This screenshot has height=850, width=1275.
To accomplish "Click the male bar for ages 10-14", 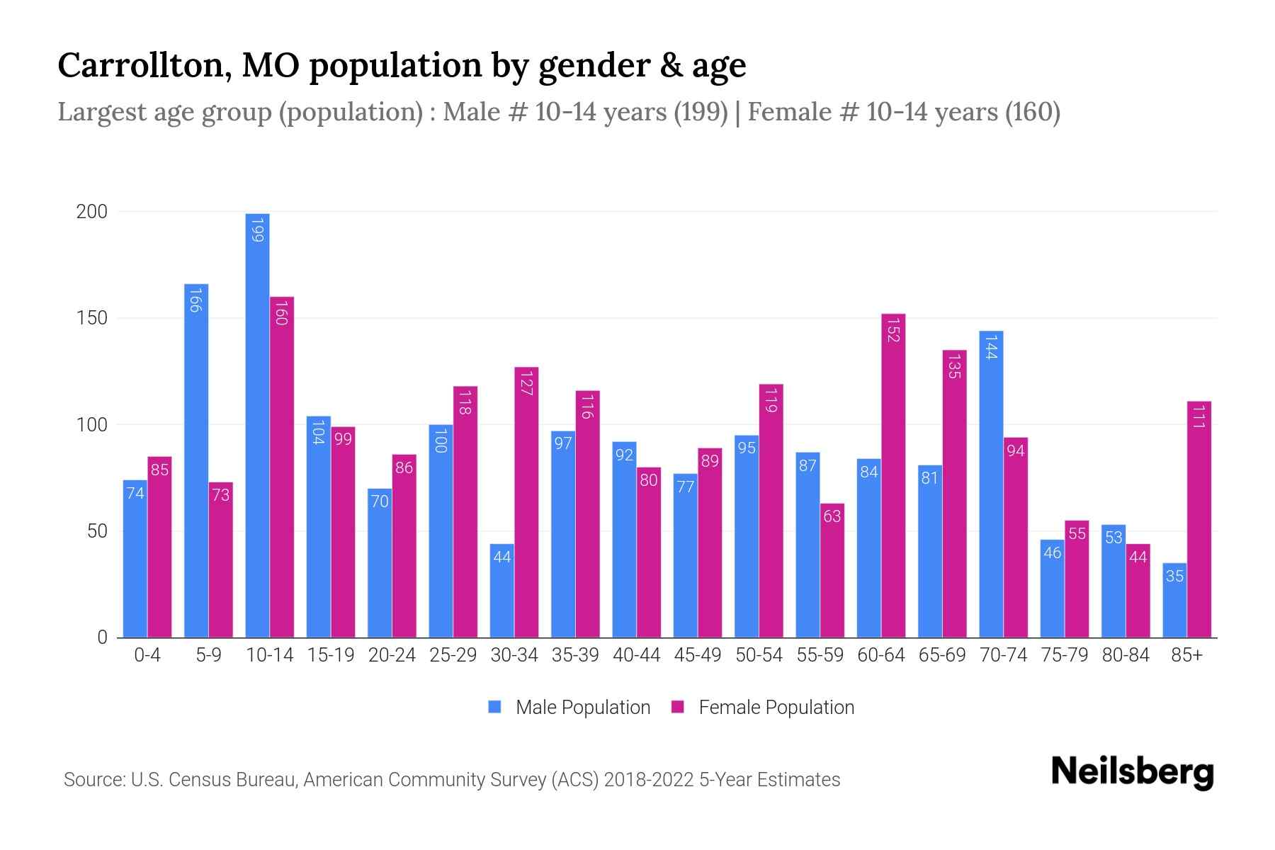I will [x=257, y=425].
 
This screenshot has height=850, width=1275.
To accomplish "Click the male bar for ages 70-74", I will [x=991, y=484].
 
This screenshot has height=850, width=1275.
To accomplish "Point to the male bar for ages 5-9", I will [x=196, y=460].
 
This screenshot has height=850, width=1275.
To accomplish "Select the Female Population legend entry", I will [x=763, y=708].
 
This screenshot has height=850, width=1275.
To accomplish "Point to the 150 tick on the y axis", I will [x=92, y=318].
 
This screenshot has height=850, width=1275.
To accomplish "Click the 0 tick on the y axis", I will [x=102, y=637].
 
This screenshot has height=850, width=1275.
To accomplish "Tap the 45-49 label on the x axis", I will [x=697, y=655].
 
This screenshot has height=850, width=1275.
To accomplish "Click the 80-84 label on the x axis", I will [x=1125, y=655].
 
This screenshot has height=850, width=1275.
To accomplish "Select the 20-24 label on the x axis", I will [x=392, y=655].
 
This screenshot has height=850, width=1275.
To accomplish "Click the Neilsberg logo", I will [x=1132, y=771].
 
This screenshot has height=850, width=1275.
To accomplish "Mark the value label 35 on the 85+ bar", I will [x=1174, y=576].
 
